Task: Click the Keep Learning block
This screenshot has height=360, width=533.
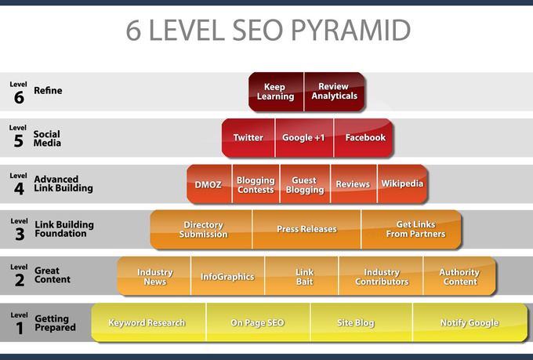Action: click(276, 92)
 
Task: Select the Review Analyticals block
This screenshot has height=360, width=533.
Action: click(335, 92)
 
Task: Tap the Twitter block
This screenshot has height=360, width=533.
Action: click(248, 137)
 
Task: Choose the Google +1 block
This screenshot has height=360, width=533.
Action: click(304, 137)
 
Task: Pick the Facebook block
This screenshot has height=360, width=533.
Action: click(365, 137)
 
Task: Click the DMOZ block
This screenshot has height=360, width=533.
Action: click(209, 184)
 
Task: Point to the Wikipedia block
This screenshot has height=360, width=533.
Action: click(402, 184)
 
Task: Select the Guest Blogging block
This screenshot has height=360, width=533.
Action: click(305, 184)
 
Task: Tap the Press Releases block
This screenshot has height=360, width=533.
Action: click(306, 229)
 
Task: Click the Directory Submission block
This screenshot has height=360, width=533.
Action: click(203, 229)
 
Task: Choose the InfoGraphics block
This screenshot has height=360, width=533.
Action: click(227, 277)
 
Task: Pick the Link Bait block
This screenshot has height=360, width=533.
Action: click(304, 277)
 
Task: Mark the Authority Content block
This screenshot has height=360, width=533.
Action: click(459, 277)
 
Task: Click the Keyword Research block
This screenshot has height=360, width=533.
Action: click(147, 322)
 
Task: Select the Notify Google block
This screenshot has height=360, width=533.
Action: click(470, 322)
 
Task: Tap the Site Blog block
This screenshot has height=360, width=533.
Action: click(357, 322)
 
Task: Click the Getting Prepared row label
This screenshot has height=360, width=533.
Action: click(55, 322)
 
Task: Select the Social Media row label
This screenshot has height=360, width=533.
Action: click(47, 139)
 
